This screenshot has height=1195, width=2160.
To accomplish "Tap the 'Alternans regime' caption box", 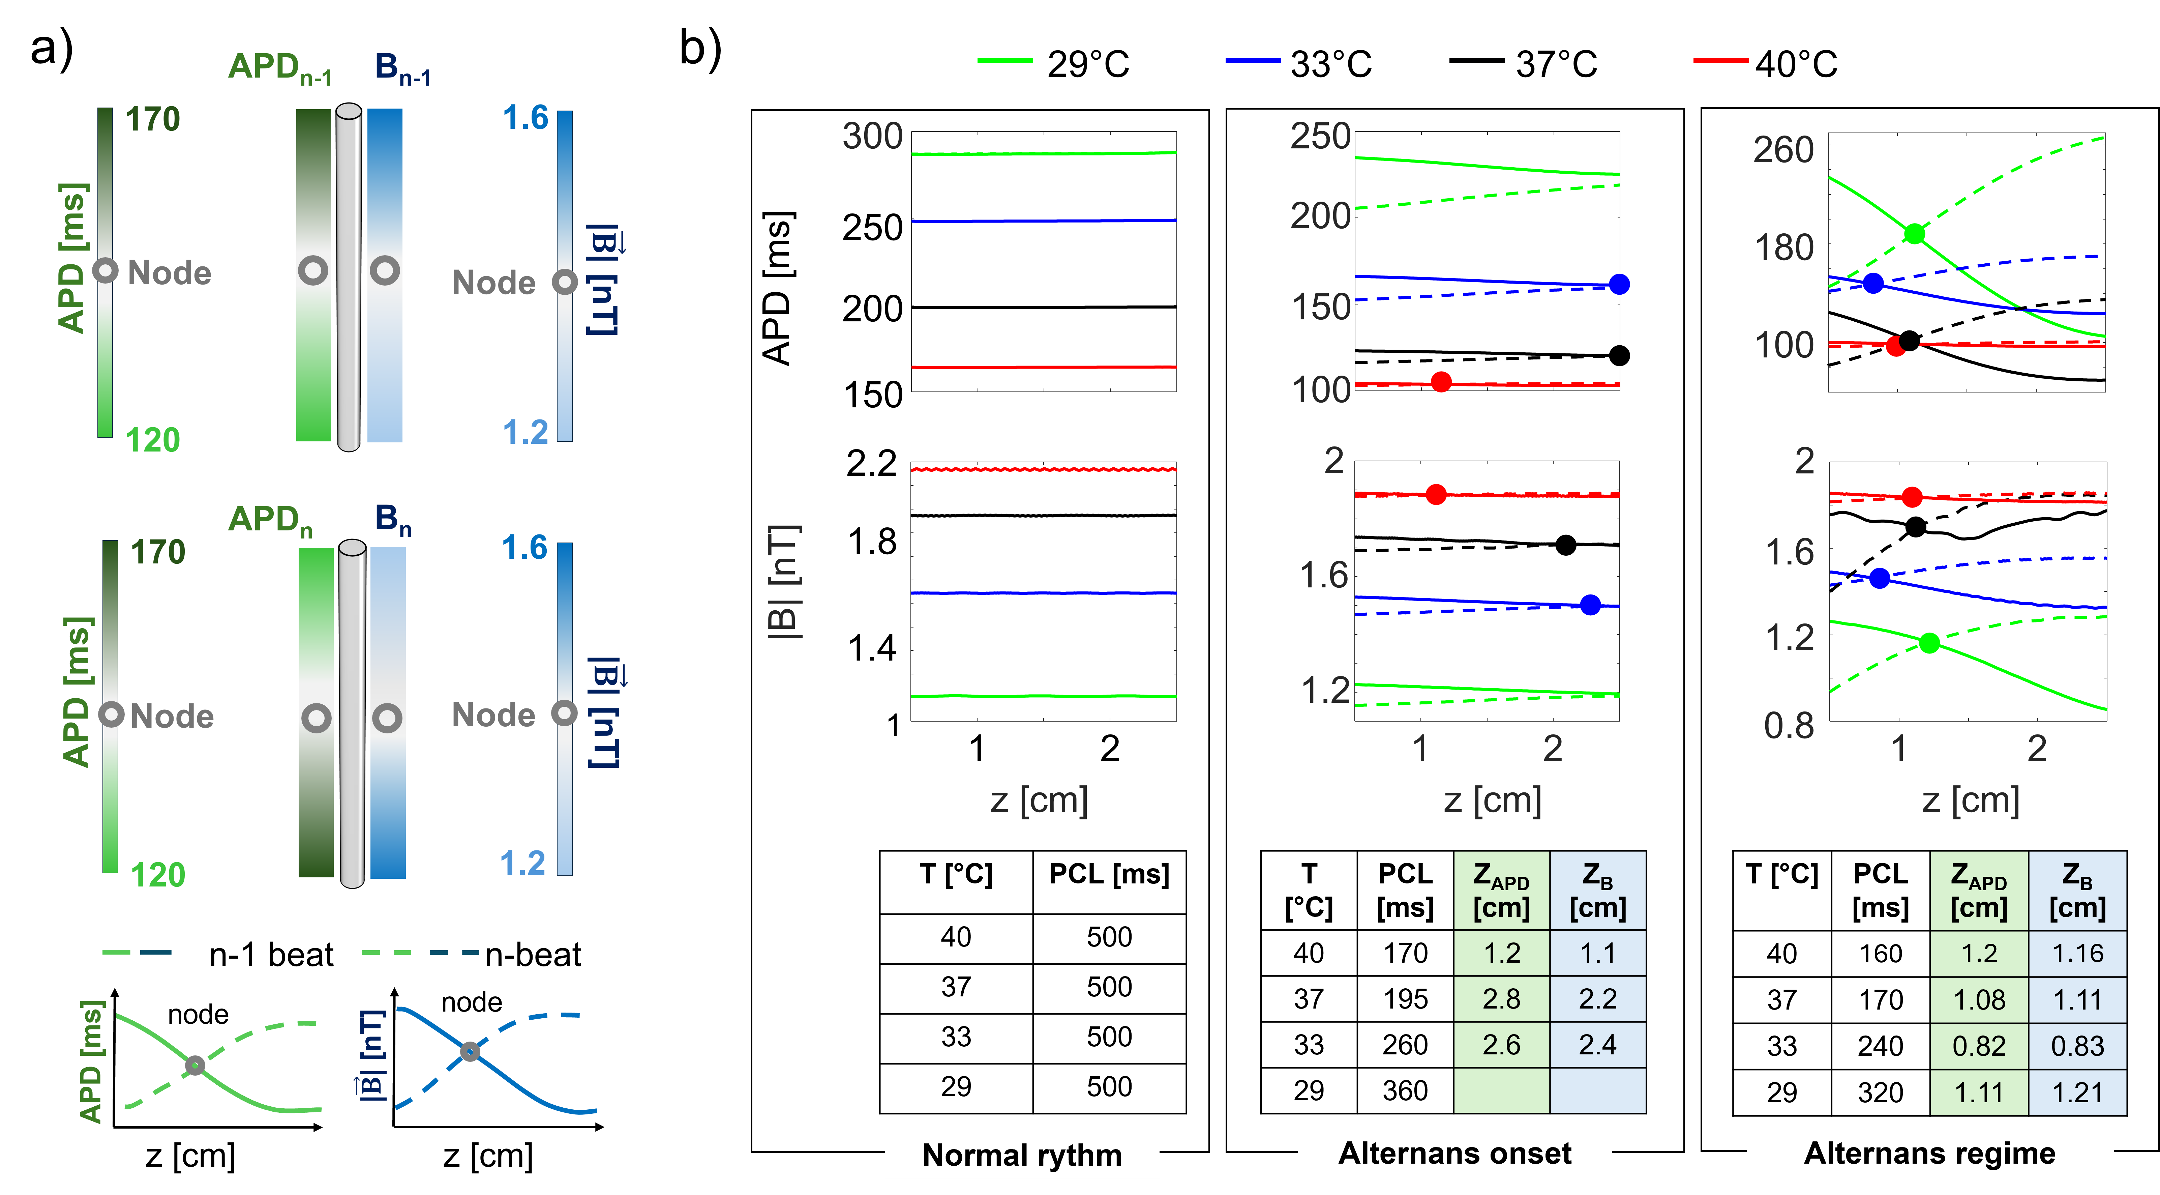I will point(1929,1153).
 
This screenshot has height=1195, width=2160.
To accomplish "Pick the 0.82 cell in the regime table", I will point(1979,1046).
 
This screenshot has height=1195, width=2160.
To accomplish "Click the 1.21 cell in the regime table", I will point(2077,1092).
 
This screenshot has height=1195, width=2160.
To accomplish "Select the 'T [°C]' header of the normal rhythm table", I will point(956,875).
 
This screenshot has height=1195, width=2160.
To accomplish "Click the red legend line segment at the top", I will point(1721,60).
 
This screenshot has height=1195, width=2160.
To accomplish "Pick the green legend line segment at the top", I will point(1004,60).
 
